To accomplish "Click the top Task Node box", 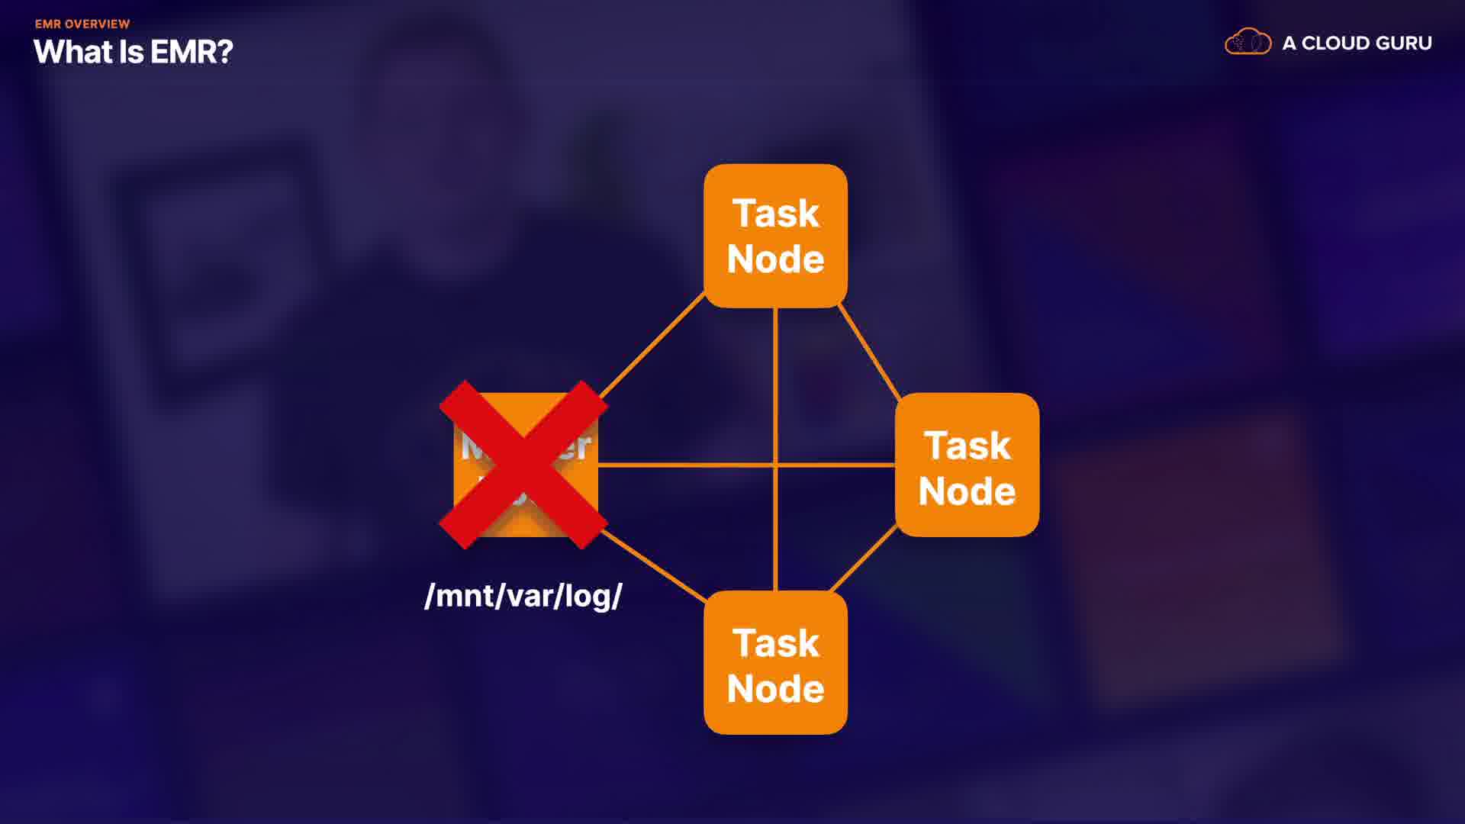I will (x=775, y=236).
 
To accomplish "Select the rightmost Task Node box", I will (x=967, y=465).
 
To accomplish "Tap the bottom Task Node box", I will (x=775, y=662).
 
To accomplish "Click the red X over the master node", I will (x=523, y=465).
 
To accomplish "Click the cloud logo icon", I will (x=1248, y=42).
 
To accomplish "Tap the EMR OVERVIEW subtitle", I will (x=82, y=24).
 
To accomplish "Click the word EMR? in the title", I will (x=192, y=52).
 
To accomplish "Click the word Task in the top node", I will (x=775, y=213).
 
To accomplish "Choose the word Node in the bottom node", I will (x=775, y=689).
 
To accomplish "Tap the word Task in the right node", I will (x=968, y=446).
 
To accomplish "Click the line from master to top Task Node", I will (x=652, y=346).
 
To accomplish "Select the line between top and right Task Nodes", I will (x=870, y=352).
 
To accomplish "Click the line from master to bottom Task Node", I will (x=655, y=566).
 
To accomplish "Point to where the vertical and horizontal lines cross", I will (x=775, y=465).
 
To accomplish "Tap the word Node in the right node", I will (x=967, y=491).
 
